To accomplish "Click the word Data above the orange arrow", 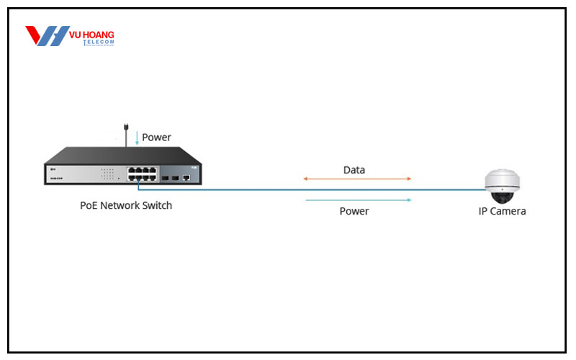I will (x=354, y=171).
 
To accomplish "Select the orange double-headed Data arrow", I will (x=357, y=179).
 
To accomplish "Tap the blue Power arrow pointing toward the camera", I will (x=358, y=199).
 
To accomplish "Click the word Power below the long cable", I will (x=354, y=212).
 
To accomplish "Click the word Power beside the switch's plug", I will (x=156, y=137).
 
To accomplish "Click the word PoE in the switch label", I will (x=89, y=206).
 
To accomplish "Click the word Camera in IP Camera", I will (x=508, y=212).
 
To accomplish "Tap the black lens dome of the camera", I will (x=502, y=194).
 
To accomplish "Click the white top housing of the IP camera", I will (x=502, y=178).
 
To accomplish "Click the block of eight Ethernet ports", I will (x=142, y=174).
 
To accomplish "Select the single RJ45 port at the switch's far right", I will (x=186, y=175).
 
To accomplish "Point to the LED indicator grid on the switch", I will (x=108, y=174).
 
